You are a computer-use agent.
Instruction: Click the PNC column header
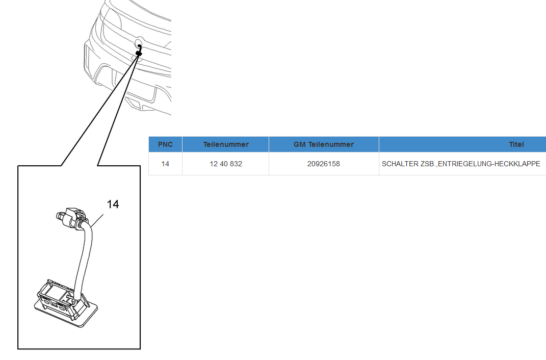click(165, 144)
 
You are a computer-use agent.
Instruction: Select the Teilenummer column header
click(226, 144)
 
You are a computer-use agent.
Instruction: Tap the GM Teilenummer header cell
click(324, 144)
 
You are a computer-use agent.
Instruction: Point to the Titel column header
click(516, 144)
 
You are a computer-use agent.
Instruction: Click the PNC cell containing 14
click(165, 164)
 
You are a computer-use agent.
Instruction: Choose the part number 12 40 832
click(226, 164)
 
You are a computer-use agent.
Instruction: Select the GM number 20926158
click(324, 164)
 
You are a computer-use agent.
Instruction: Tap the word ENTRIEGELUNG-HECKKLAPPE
click(489, 164)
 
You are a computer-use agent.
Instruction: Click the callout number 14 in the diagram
click(113, 204)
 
